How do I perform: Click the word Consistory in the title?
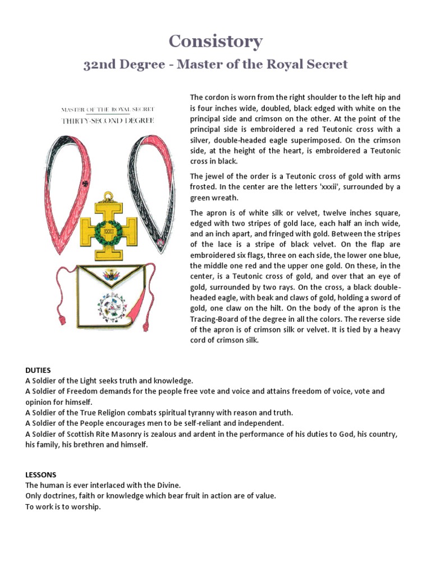click(x=215, y=41)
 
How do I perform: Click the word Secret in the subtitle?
click(x=327, y=64)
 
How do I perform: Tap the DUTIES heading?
click(x=38, y=370)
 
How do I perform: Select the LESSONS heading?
click(x=40, y=474)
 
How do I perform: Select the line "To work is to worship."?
click(x=62, y=506)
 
